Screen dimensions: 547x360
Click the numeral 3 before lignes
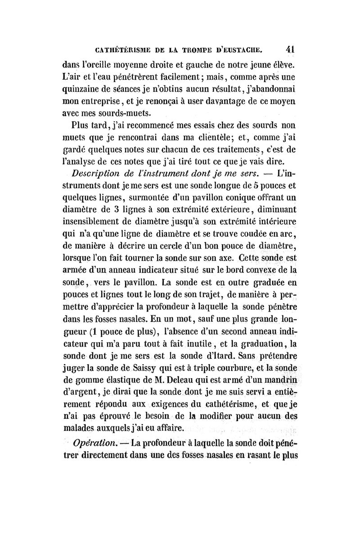pos(116,210)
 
